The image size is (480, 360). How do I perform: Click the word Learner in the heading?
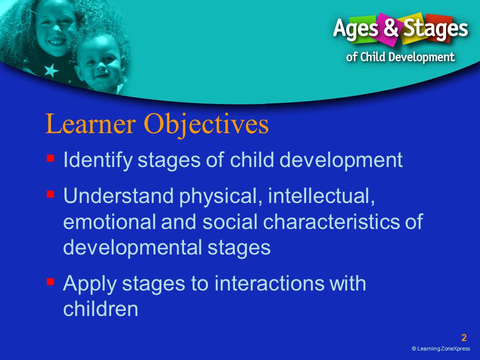tap(90, 123)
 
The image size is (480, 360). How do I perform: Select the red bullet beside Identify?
tap(50, 158)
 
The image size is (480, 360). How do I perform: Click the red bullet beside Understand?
tap(50, 194)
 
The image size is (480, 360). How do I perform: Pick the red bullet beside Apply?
tap(50, 281)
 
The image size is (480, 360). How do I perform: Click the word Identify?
tap(97, 160)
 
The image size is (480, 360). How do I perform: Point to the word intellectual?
tap(321, 196)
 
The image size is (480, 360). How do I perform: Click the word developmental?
tap(132, 248)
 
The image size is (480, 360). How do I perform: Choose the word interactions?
tap(269, 283)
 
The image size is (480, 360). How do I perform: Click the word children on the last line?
tap(100, 308)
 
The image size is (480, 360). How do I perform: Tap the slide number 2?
tap(464, 337)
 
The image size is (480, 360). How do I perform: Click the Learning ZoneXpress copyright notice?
tap(441, 348)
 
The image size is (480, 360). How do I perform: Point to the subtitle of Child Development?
tap(400, 57)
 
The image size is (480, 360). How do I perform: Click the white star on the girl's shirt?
tap(51, 70)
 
